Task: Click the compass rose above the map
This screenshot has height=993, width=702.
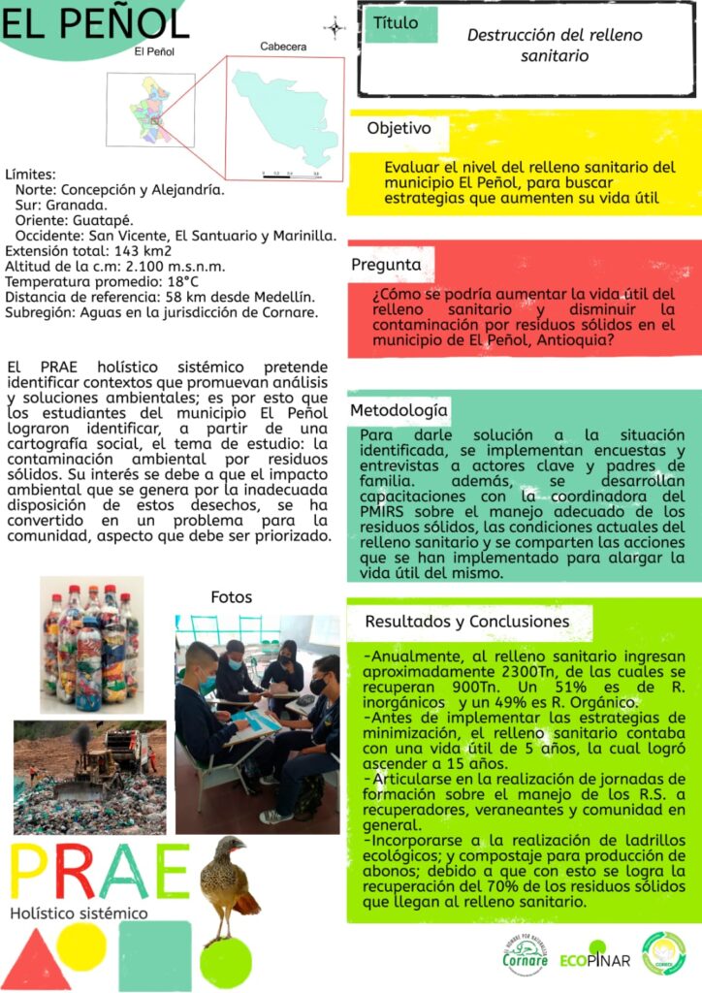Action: point(335,28)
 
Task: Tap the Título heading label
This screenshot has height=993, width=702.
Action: point(396,22)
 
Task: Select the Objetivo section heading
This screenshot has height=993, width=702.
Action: point(399,128)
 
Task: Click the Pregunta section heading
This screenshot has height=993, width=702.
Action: point(386,264)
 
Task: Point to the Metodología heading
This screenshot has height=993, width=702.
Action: point(399,409)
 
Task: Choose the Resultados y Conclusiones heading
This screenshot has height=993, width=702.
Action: point(466,621)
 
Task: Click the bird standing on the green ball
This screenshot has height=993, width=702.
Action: point(227,887)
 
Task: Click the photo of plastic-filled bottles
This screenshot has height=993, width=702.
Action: point(90,644)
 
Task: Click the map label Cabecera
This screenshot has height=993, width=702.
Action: point(283,47)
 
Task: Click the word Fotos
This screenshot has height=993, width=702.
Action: point(231,597)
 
